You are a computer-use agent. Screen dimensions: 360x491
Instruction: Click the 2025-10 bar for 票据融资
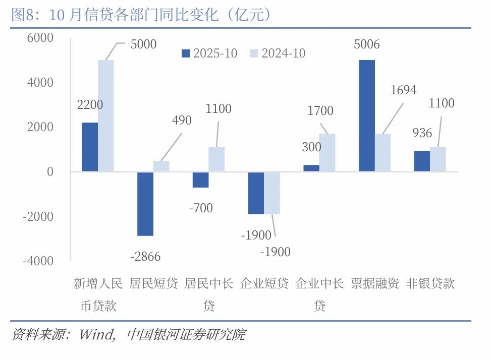click(x=367, y=116)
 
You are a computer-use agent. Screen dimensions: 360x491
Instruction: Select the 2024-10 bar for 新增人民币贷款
click(x=106, y=116)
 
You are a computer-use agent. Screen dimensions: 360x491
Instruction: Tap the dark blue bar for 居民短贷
click(x=145, y=204)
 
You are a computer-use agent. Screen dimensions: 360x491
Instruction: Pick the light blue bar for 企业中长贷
click(x=328, y=152)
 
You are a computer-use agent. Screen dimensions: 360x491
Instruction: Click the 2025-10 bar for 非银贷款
click(x=422, y=161)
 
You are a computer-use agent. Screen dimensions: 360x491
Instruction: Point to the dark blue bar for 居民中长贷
click(x=201, y=179)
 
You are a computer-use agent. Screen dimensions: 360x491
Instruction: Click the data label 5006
click(x=367, y=45)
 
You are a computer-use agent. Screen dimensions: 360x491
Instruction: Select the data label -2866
click(x=145, y=257)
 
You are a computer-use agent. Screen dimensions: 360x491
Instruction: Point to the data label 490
click(x=182, y=121)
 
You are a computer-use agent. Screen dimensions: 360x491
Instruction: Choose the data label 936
click(x=422, y=133)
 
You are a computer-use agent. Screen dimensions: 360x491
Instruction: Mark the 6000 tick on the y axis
click(x=40, y=38)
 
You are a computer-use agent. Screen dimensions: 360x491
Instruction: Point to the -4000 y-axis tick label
click(x=37, y=261)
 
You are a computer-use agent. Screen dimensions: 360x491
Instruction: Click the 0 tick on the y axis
click(x=50, y=172)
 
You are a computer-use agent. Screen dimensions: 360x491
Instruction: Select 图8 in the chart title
click(x=22, y=16)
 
